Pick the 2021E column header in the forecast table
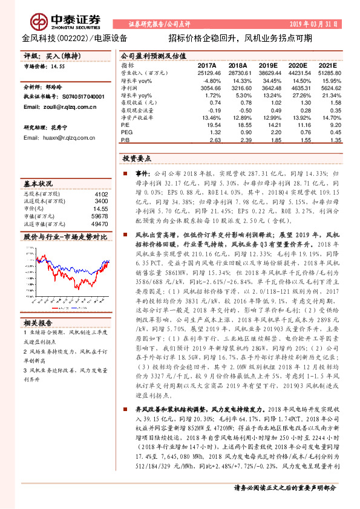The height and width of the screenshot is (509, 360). click(x=327, y=65)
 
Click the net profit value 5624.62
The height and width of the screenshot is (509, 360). click(x=327, y=88)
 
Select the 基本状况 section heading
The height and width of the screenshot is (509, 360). click(x=38, y=183)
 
